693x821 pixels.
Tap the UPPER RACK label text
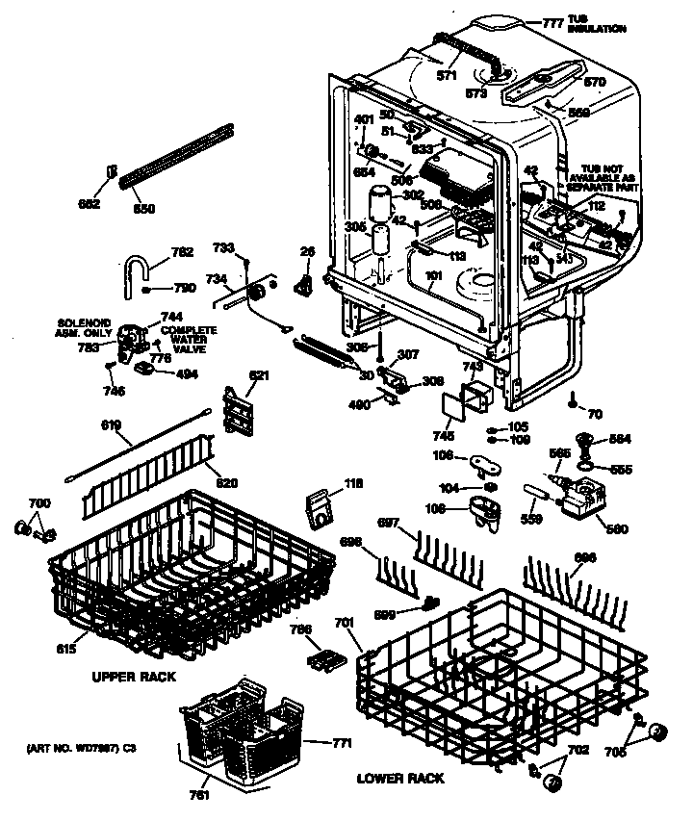coord(134,677)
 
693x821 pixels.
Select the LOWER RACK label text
coord(400,777)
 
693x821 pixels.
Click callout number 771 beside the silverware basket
coord(341,742)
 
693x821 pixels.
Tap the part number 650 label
coord(143,208)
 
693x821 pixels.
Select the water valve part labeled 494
coord(144,368)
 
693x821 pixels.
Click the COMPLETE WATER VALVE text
coord(189,339)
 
